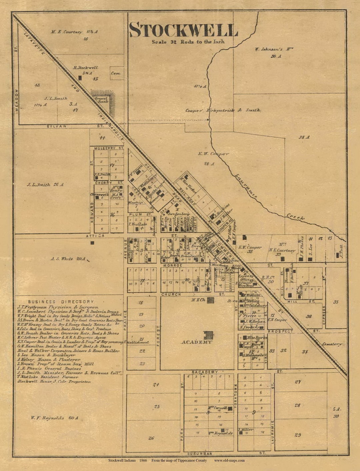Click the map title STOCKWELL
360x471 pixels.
[183, 30]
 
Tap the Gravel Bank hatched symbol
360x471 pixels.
[103, 97]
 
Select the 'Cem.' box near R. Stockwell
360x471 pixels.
[116, 73]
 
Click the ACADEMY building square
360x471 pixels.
[209, 335]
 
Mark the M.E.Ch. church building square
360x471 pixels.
[210, 300]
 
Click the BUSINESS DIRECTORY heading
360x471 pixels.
[61, 301]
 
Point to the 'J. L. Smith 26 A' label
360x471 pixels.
[45, 185]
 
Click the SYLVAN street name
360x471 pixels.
[57, 126]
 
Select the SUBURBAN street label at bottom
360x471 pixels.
[200, 453]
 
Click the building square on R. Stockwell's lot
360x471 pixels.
[80, 78]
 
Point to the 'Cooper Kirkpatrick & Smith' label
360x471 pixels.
[223, 110]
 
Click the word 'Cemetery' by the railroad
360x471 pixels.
[332, 344]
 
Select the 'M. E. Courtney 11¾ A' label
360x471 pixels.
[74, 32]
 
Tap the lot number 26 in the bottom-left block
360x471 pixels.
[151, 438]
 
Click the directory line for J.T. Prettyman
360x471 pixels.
[58, 307]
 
